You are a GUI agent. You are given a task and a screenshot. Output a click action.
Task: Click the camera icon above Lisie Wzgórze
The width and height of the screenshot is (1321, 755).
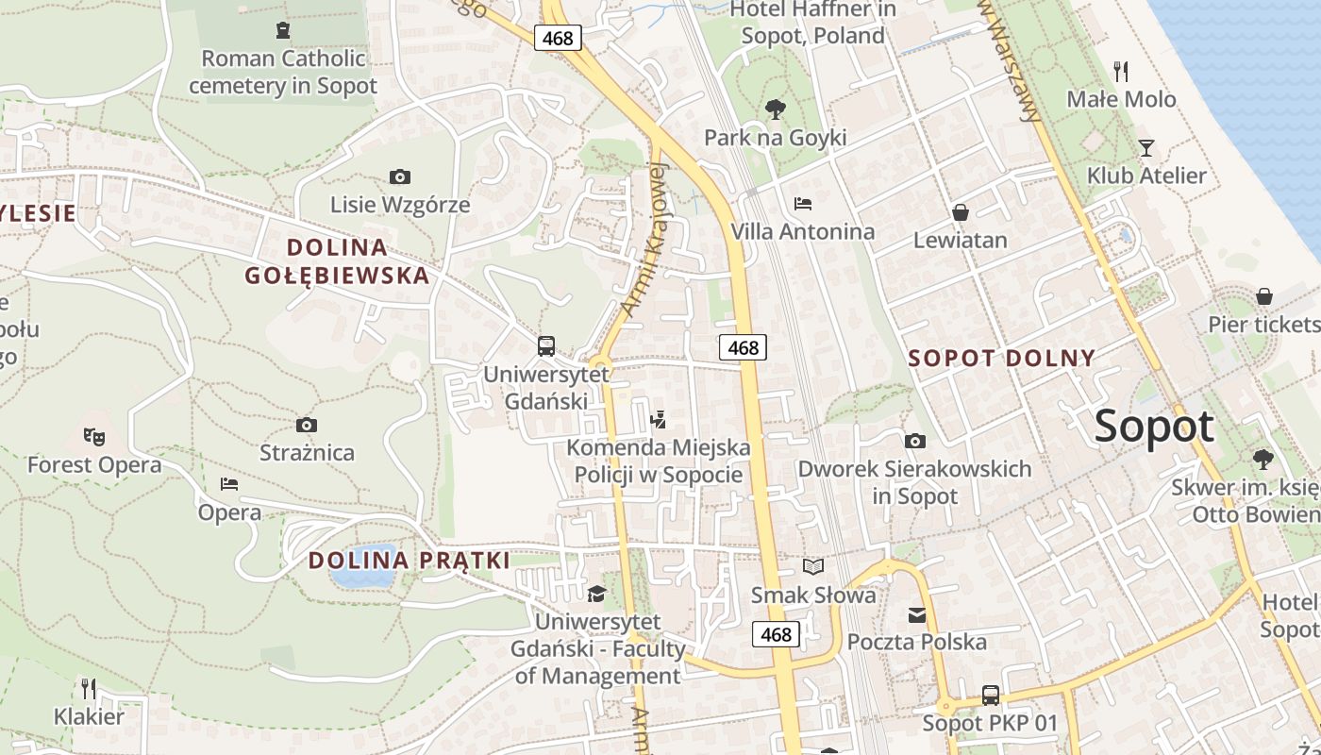point(399,176)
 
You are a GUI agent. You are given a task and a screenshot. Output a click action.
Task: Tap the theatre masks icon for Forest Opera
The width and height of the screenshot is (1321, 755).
point(93,436)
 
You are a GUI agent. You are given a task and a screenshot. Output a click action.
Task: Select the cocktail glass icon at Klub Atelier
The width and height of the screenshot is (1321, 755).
point(1146,147)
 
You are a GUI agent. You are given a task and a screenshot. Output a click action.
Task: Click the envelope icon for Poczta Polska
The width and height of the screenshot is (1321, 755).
point(916,615)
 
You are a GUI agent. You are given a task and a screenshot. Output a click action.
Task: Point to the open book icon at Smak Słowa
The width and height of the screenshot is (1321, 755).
point(812,566)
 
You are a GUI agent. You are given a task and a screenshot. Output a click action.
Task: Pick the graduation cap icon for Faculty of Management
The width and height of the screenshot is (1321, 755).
point(596,594)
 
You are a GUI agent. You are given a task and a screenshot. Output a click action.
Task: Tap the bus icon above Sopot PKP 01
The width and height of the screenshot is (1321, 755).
point(990,696)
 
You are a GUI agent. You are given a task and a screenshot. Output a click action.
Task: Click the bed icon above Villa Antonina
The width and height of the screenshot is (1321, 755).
point(803,203)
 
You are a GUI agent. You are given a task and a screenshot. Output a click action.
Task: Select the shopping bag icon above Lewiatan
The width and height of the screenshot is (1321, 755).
point(960,212)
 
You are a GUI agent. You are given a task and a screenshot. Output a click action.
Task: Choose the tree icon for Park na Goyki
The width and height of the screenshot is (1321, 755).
point(775,109)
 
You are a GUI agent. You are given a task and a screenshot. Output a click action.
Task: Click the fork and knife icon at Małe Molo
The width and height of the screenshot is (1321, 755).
point(1121,71)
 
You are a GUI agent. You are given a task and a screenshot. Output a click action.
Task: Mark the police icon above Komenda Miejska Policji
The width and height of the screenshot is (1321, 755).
point(659,419)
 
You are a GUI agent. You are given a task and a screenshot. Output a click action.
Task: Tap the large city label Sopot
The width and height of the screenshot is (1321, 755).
point(1154,427)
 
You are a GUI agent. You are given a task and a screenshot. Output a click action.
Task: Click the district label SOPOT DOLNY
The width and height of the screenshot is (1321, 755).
point(1001,359)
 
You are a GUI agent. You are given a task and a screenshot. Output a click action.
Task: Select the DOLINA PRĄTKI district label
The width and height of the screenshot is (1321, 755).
point(409,561)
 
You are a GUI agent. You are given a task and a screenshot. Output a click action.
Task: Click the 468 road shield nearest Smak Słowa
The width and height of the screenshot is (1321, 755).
point(776,634)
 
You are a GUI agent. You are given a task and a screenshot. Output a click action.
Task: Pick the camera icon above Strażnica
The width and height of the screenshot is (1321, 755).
point(306,425)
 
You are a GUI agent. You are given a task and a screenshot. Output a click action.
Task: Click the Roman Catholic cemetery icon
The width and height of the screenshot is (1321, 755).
point(282,30)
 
